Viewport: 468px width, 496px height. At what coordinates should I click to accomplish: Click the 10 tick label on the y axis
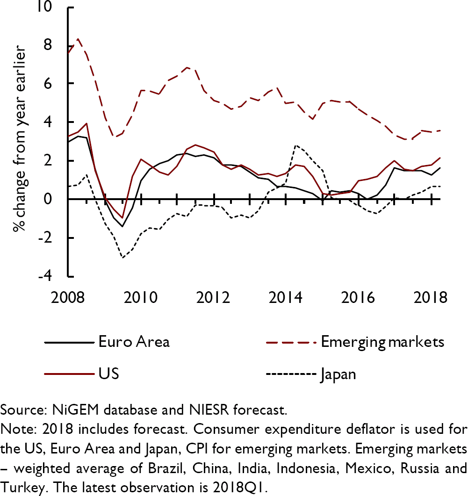point(50,7)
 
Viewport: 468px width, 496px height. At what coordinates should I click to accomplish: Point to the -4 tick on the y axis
point(52,276)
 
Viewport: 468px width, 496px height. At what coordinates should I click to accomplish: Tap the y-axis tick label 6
point(54,84)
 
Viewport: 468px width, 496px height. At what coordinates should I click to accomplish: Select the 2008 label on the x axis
point(67,297)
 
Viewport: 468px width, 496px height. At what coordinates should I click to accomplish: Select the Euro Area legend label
point(134,342)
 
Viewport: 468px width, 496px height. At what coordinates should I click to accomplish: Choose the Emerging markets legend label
point(382,342)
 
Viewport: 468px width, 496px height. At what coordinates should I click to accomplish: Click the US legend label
point(108,374)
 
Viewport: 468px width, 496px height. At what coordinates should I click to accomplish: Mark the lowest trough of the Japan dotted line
point(122,257)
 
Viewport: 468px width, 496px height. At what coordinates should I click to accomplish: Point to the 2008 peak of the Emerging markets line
point(77,39)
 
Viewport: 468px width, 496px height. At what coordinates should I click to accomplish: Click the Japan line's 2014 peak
point(295,145)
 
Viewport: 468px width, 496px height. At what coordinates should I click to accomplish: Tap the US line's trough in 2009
point(122,218)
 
